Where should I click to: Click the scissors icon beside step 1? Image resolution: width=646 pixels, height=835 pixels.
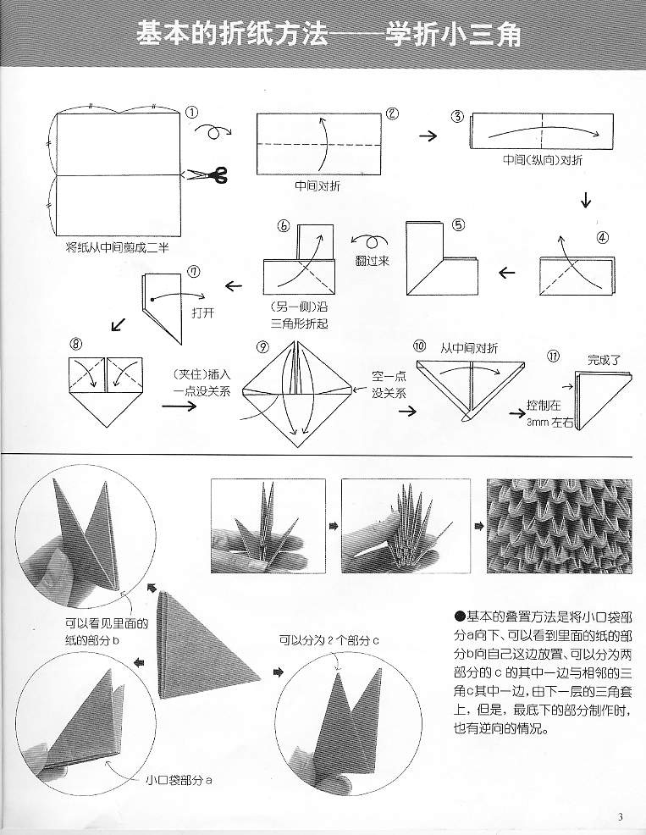click(207, 175)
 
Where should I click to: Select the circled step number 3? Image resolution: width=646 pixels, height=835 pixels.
click(457, 116)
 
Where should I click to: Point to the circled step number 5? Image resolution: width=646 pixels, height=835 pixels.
click(457, 225)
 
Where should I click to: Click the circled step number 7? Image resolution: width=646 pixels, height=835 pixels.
click(195, 272)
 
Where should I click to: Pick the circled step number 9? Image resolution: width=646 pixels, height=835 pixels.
click(262, 348)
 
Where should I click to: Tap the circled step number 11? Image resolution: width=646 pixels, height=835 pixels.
click(553, 356)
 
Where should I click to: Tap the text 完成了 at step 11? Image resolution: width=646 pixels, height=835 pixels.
click(602, 360)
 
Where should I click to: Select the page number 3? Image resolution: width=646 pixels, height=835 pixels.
click(621, 816)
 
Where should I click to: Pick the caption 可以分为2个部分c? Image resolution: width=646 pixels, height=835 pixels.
click(327, 639)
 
